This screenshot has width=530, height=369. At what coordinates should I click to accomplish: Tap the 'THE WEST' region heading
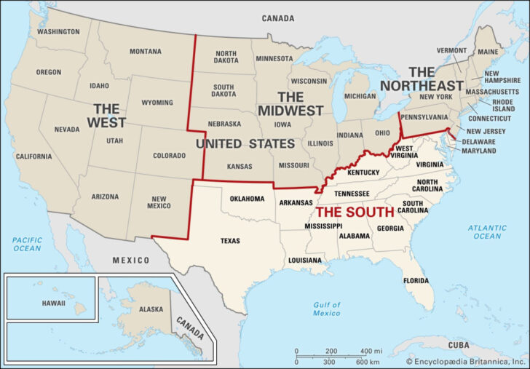coord(106,116)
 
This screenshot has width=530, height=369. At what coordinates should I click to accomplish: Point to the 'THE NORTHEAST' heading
coord(435,79)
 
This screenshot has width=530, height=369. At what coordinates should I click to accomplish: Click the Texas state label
coord(230,241)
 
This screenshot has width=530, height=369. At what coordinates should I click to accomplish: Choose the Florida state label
coord(416,280)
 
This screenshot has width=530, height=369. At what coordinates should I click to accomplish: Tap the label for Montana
coord(146,52)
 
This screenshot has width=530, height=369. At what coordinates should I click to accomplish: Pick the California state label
coord(33,156)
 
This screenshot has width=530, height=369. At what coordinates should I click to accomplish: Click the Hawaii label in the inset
coord(52,303)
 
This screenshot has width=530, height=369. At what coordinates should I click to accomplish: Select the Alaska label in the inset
coord(151,309)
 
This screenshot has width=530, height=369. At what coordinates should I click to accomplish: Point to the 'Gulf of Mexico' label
coord(327,308)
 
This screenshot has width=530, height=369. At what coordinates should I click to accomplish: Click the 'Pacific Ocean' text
coord(27,244)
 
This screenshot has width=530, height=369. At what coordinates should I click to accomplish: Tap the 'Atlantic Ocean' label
coord(487,232)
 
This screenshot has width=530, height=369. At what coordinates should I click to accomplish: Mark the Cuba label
coord(459,344)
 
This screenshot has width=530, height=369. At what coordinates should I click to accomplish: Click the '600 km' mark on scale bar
coord(368,362)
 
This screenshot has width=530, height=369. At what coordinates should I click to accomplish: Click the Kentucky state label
coord(363,172)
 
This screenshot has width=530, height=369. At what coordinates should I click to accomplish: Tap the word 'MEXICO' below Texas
coord(130,260)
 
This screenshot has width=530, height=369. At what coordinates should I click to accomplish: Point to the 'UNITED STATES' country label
coord(245,144)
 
